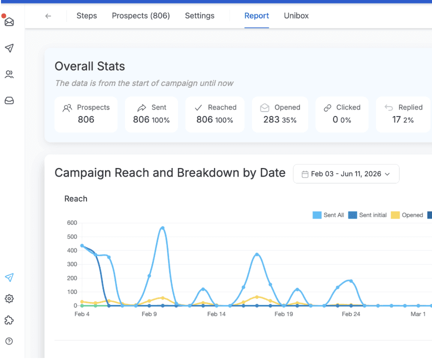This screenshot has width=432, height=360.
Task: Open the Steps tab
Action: pos(86,15)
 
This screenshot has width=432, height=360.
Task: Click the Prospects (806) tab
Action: pos(141,15)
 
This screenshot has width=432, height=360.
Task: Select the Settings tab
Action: pos(199,15)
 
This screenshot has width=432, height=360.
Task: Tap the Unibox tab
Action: pos(296,15)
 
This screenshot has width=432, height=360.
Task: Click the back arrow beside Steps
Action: pos(48,16)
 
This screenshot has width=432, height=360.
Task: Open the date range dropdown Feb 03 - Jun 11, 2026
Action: pos(346,174)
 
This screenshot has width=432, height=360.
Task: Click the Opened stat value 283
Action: pos(271,119)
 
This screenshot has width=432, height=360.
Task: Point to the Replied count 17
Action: pos(396,119)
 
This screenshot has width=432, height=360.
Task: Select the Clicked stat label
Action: pos(348,107)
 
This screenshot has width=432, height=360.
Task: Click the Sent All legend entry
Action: pos(328,215)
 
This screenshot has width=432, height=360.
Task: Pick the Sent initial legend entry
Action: pos(367,215)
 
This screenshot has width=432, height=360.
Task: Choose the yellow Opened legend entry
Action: pos(407,215)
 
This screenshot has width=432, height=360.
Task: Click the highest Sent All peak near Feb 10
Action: pos(162,228)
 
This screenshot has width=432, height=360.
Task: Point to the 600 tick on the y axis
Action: pos(72,222)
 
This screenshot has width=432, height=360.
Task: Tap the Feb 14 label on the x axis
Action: pos(216,314)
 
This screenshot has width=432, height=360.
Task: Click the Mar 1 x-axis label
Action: pos(418,314)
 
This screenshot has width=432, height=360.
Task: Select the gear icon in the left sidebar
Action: pos(9,298)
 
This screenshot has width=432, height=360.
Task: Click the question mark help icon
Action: pos(9,341)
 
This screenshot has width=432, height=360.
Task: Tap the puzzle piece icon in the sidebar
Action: pos(9,320)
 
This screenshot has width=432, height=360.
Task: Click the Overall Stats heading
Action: pos(90,66)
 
